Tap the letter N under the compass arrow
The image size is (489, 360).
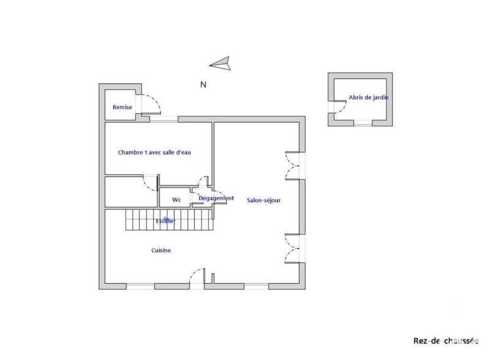(203, 85)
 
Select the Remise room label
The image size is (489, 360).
(122, 107)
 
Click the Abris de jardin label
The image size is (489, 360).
(369, 97)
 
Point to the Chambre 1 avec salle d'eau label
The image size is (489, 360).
(155, 152)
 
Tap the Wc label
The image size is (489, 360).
(176, 200)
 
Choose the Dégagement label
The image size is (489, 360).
(216, 198)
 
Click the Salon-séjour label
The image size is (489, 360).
(264, 200)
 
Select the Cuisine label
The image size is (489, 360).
(161, 251)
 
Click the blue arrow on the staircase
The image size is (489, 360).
(166, 219)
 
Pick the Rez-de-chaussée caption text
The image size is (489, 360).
(446, 340)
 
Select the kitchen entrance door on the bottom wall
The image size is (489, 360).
(197, 277)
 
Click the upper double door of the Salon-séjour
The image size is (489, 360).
(292, 165)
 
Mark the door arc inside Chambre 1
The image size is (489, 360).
(150, 183)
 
